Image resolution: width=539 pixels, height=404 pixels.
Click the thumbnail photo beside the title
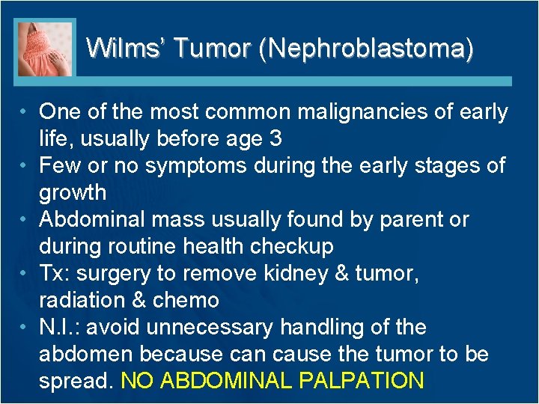click(46, 49)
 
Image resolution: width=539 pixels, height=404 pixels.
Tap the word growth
click(73, 192)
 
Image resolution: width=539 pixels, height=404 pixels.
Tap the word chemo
click(186, 300)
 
